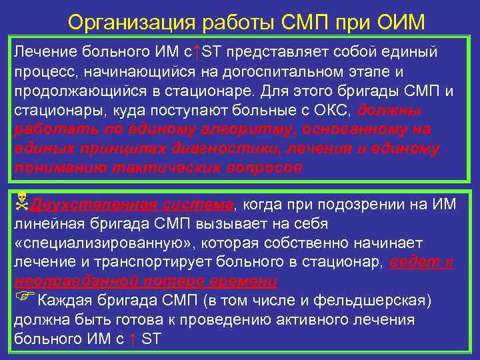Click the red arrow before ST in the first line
(x=196, y=51)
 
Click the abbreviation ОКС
(x=336, y=110)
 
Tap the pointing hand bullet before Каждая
(x=21, y=299)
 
